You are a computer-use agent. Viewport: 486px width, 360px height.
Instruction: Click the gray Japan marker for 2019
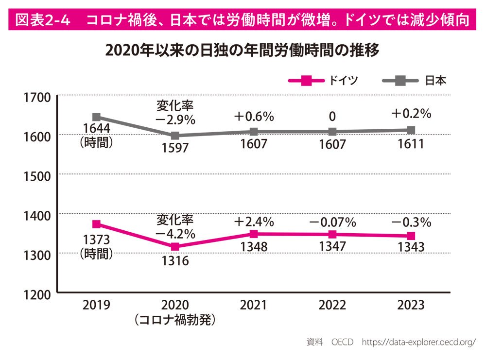(97, 117)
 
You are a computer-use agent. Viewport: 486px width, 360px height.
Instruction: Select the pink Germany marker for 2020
(175, 247)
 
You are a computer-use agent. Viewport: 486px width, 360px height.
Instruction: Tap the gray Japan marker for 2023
(411, 130)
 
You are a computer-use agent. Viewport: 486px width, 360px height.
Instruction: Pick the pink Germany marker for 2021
(254, 234)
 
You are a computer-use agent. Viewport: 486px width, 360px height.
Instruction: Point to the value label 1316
(175, 261)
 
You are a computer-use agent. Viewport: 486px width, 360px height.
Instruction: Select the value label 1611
(411, 144)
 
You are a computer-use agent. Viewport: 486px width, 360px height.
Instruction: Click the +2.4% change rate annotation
(254, 222)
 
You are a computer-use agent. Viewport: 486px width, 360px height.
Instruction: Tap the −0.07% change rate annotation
(332, 223)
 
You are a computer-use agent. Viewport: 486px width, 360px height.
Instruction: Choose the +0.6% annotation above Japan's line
(254, 117)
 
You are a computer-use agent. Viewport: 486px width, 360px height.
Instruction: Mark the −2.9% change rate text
(175, 119)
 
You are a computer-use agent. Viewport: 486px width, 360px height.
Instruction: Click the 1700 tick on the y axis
(37, 98)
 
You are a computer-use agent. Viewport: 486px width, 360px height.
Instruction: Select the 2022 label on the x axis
(332, 306)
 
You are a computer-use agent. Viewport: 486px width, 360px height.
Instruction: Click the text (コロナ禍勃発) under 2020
(175, 320)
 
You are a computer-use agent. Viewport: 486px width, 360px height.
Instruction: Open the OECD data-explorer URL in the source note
(419, 342)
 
